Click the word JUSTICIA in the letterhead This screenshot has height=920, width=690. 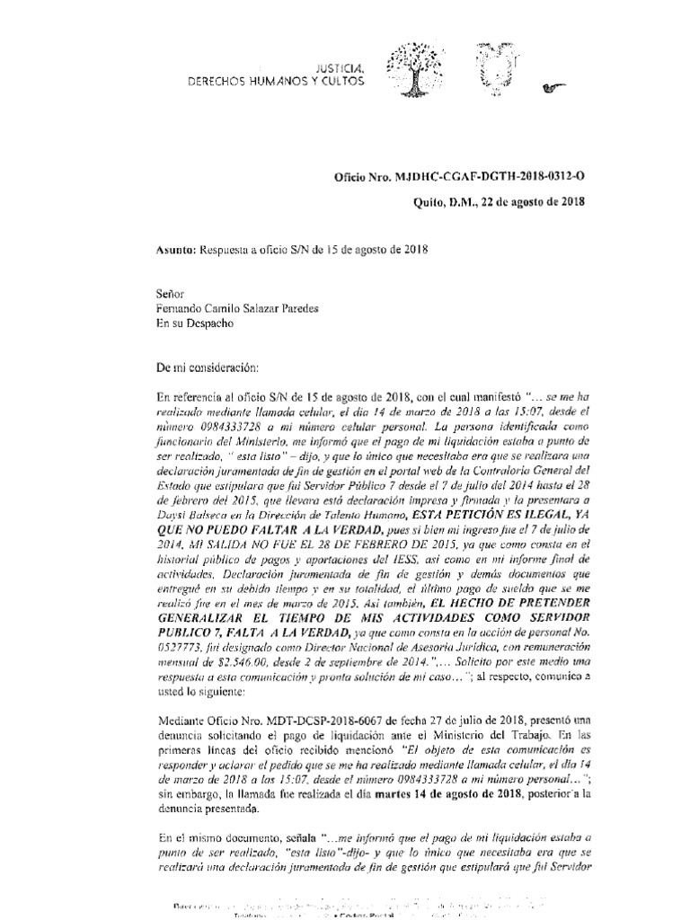click(338, 68)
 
